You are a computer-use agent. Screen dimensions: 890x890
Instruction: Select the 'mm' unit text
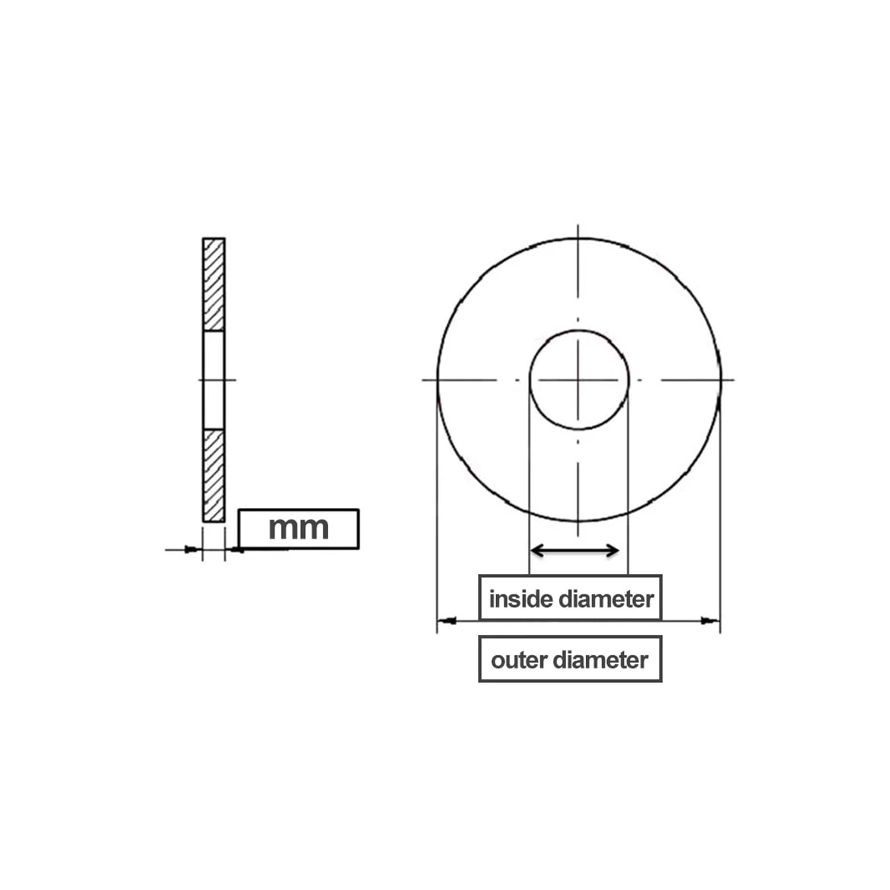(299, 528)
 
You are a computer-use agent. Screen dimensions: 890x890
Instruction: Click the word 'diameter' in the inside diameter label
(606, 599)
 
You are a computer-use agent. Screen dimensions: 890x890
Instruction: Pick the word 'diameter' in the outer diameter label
(601, 660)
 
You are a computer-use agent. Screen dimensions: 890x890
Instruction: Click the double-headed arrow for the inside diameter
(575, 551)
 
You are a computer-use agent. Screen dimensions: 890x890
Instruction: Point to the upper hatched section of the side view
(214, 285)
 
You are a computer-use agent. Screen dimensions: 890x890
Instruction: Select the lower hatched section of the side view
(214, 476)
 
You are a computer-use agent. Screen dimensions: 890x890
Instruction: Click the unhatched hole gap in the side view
(214, 380)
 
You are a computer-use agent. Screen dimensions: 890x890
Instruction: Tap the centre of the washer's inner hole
(578, 380)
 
